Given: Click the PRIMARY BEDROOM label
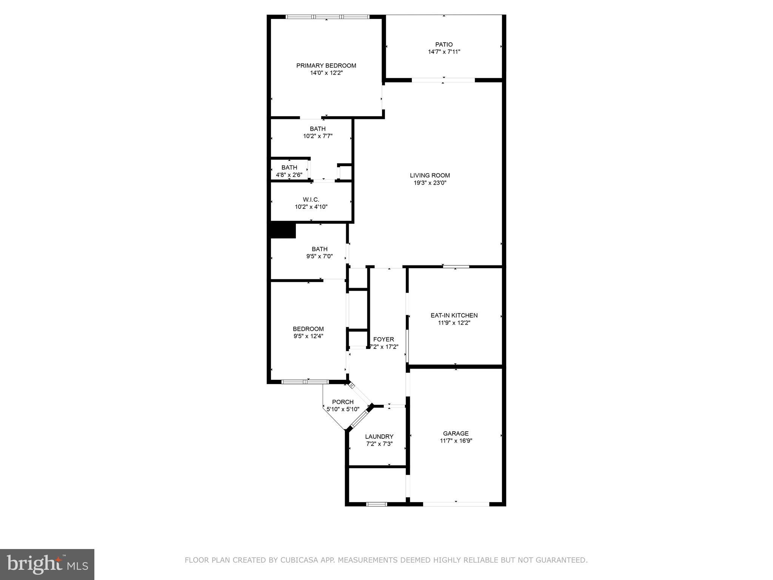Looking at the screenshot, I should point(326,66).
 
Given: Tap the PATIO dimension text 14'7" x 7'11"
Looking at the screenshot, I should point(444,52).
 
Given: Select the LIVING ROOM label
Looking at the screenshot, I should point(430,175).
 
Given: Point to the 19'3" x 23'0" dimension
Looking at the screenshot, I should point(430,183).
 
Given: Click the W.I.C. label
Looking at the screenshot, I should point(311,199).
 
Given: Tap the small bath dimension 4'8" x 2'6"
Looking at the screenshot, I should point(289,175).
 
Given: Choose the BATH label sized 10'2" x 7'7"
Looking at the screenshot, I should point(317,129).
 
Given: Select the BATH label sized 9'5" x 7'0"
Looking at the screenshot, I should point(319,249).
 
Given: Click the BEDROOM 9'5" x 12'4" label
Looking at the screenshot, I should point(308,329).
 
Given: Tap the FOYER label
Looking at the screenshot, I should point(383,339).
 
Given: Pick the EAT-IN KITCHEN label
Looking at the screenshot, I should point(454,315).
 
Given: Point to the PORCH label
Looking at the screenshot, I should point(343,402).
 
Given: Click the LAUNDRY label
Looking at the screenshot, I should point(379,437).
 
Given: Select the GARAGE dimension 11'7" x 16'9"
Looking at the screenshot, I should point(456,441).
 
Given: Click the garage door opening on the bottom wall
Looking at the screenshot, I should point(456,504).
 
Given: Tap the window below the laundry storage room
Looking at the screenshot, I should point(377,504).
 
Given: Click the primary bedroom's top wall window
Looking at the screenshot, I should point(327,17).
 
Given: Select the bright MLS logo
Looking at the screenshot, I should point(47,564).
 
